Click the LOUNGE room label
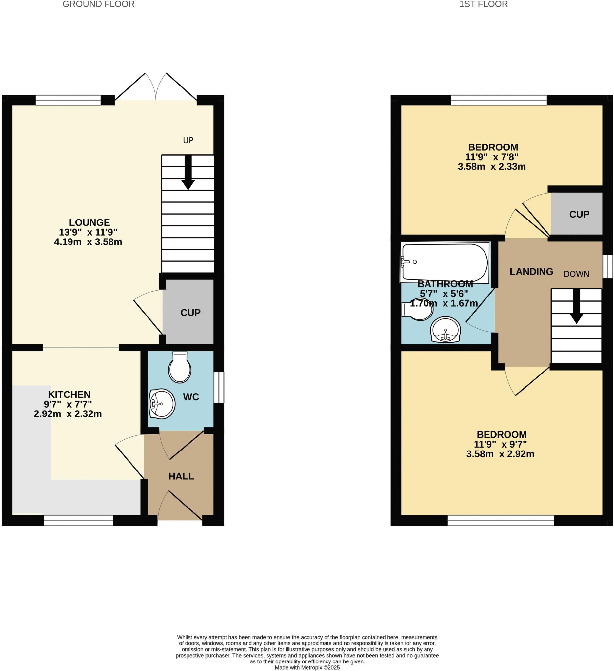[89, 222]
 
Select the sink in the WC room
[162, 403]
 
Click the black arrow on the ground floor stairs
[188, 173]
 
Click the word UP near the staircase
[188, 141]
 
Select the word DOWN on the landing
[576, 274]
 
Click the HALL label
[181, 476]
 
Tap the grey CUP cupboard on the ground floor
[190, 312]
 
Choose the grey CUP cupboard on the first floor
[579, 214]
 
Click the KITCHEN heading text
[69, 394]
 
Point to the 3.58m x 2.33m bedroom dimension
[491, 167]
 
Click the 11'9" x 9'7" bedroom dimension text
[500, 444]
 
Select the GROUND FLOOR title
[99, 4]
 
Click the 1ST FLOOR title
[484, 4]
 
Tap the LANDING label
[531, 272]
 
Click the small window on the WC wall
[219, 387]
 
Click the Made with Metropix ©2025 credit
[307, 668]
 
